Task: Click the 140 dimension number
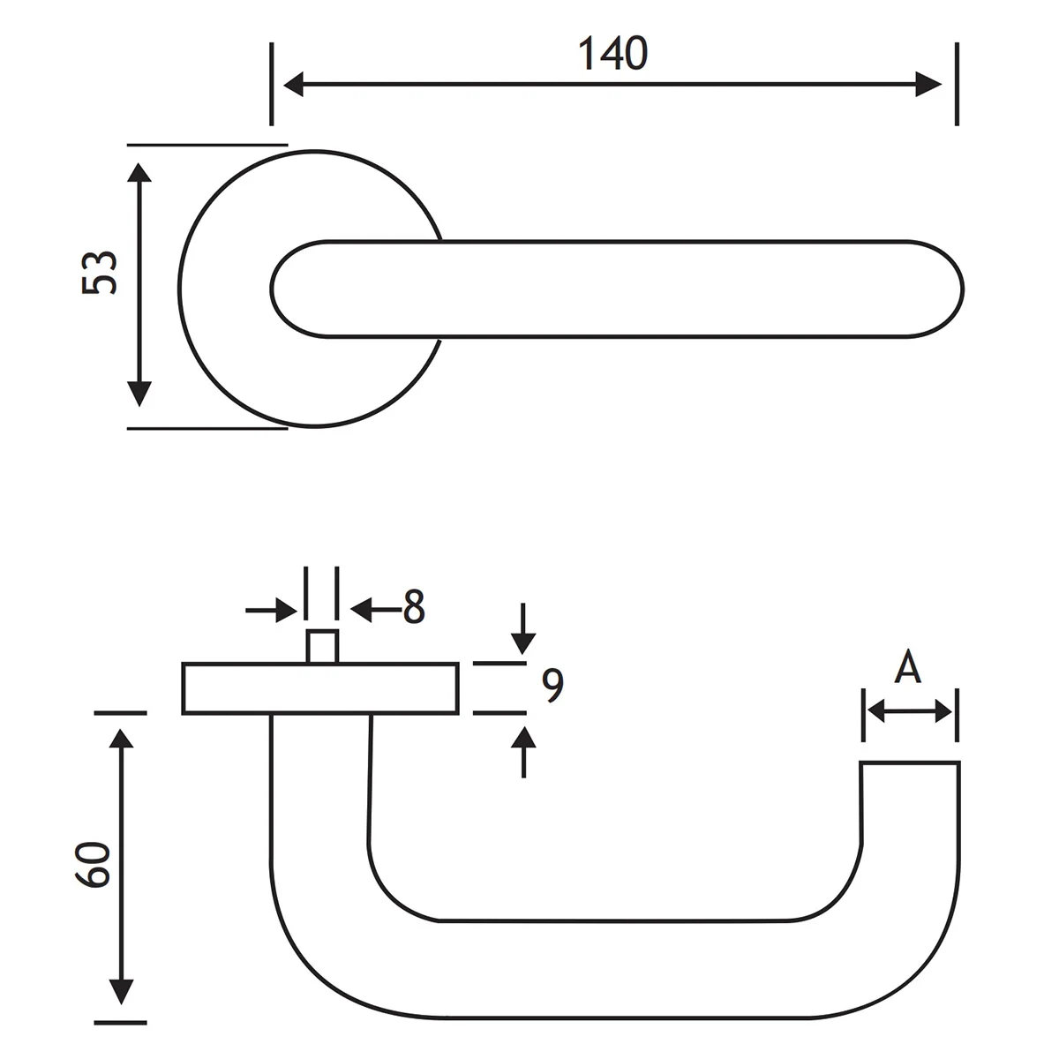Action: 613,55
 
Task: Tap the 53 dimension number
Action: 100,273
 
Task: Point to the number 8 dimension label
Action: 414,608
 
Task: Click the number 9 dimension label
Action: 552,687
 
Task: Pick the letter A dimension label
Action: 907,668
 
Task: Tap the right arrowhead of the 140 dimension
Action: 931,85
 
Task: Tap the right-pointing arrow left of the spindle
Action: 284,609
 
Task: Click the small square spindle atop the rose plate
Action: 321,646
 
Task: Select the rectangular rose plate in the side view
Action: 320,688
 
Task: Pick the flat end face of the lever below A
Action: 910,762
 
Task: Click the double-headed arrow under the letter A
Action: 909,710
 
